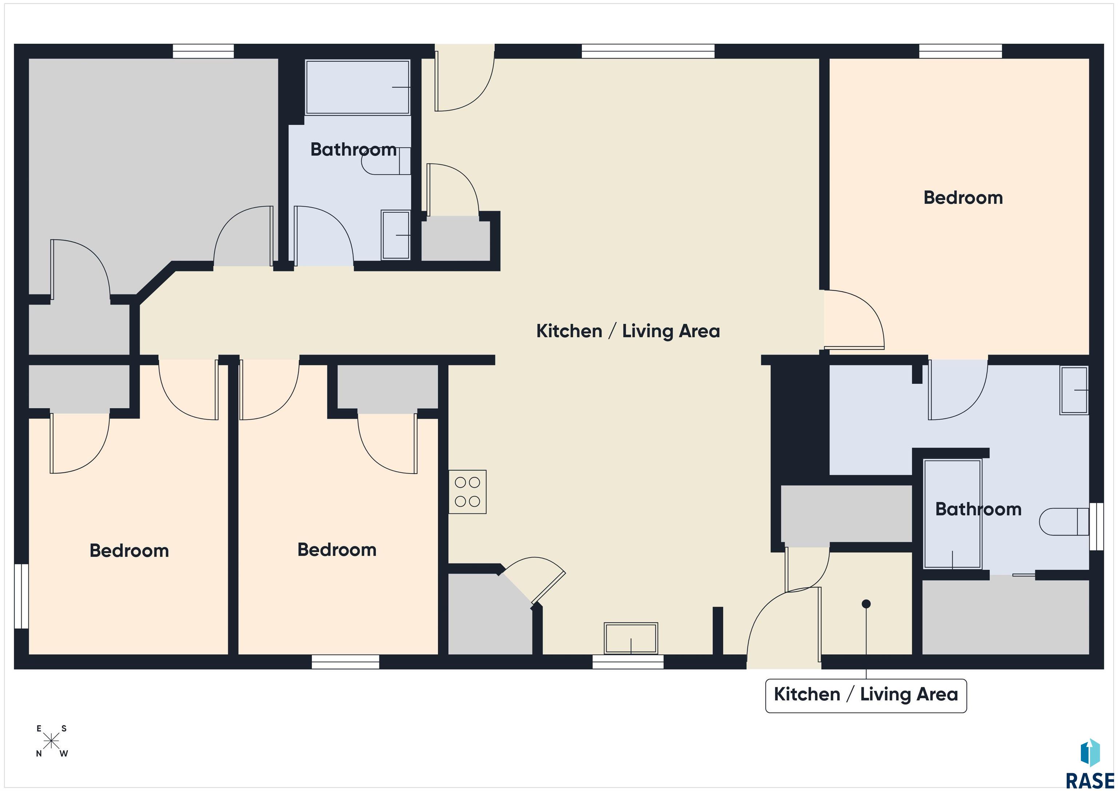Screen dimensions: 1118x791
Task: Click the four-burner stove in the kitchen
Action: [467, 491]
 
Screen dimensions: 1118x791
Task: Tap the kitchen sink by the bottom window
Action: [631, 638]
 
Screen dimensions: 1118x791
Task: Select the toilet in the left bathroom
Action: [386, 161]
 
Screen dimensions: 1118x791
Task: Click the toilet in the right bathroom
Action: [1064, 522]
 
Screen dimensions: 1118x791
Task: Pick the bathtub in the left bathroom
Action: [357, 87]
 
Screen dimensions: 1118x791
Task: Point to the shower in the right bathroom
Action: [952, 514]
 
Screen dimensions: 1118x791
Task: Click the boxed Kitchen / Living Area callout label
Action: [866, 696]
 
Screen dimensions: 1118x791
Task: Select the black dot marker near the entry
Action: [866, 604]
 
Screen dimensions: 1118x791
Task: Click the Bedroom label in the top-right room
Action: [963, 198]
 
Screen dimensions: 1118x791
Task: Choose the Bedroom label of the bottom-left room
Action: [129, 550]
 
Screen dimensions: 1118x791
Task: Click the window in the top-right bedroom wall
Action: [960, 51]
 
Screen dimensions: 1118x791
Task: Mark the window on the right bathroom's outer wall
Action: [1096, 526]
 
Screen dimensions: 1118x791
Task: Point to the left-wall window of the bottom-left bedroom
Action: [21, 596]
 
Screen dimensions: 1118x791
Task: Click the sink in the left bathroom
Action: [395, 235]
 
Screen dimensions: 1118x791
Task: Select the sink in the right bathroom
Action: [1074, 390]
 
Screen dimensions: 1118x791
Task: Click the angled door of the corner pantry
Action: [548, 587]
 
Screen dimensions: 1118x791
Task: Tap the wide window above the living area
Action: [648, 51]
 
